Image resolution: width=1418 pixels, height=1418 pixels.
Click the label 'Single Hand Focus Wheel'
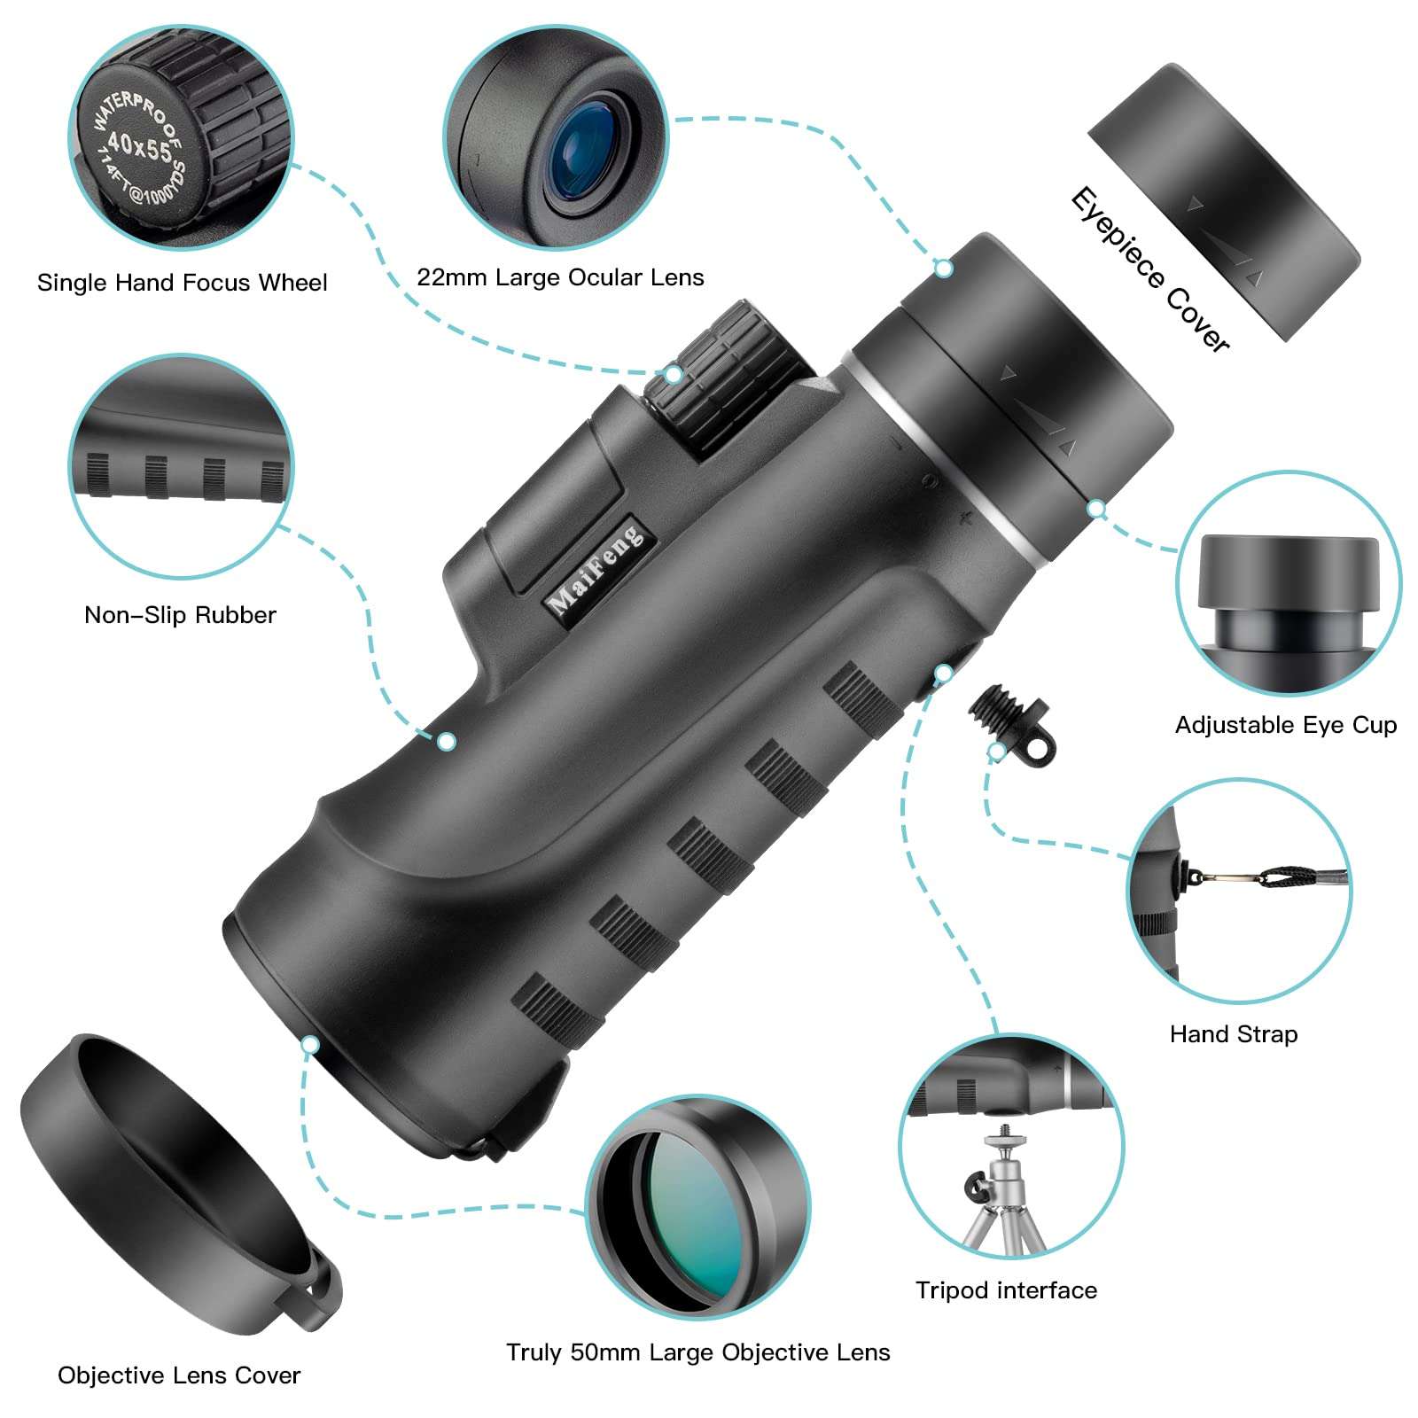point(182,283)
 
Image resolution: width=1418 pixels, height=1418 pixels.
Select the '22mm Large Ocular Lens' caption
point(560,277)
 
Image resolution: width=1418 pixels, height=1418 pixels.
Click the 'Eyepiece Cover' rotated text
point(1149,269)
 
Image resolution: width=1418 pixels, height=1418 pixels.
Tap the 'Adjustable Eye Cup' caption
point(1285,725)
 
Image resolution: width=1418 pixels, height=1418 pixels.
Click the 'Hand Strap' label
point(1233,1034)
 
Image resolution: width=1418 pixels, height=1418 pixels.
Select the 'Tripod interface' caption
point(1006,1290)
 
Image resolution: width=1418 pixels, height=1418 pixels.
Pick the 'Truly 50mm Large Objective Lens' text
point(697,1352)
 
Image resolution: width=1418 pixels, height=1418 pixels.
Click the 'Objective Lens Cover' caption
point(179,1375)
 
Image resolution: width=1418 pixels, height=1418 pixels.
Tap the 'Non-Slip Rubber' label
point(180,615)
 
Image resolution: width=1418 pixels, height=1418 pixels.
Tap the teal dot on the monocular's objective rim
point(309,1045)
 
